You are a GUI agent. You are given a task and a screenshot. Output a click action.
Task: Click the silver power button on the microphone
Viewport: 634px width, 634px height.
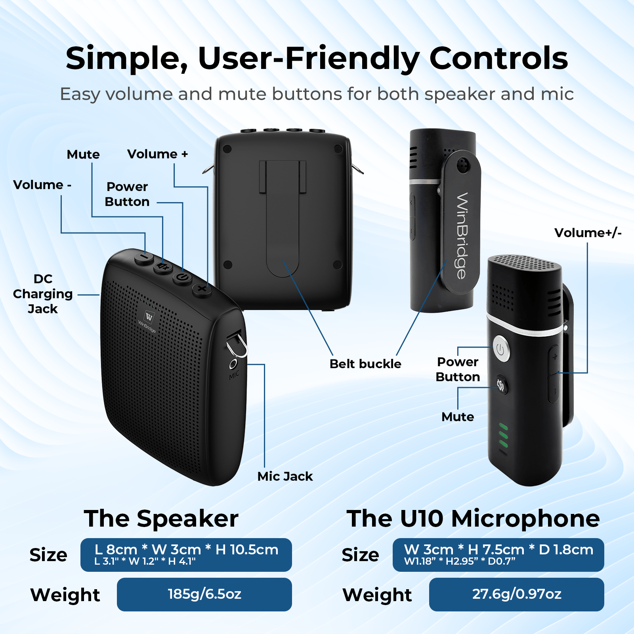tap(501, 349)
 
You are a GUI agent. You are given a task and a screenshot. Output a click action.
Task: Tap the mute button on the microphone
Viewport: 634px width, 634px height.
tap(501, 384)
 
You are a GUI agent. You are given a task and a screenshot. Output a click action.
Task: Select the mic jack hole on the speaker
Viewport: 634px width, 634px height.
tap(233, 364)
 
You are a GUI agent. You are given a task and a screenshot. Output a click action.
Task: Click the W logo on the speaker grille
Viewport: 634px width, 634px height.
tap(149, 317)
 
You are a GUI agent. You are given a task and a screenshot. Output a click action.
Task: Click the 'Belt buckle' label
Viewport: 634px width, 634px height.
tap(365, 364)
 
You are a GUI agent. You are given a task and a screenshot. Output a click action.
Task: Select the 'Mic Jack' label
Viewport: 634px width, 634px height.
tap(285, 476)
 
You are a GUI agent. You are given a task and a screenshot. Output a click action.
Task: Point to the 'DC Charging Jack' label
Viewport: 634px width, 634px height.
tap(43, 294)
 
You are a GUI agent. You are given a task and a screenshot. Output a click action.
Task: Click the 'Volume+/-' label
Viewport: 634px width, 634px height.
tap(588, 233)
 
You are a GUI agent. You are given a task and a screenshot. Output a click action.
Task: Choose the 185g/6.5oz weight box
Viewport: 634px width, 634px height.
tap(204, 594)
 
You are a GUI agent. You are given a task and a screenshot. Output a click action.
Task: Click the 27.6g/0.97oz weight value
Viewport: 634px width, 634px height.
tap(516, 594)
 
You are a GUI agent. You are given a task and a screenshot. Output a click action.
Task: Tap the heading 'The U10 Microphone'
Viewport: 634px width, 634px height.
tap(473, 518)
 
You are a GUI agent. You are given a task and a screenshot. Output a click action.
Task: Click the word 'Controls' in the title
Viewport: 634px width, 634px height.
tap(498, 59)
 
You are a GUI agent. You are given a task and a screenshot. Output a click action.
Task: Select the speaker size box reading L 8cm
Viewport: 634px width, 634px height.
tap(186, 554)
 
